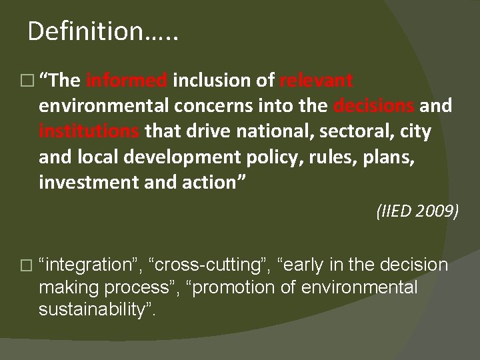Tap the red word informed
click(x=127, y=82)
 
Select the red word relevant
click(x=316, y=82)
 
